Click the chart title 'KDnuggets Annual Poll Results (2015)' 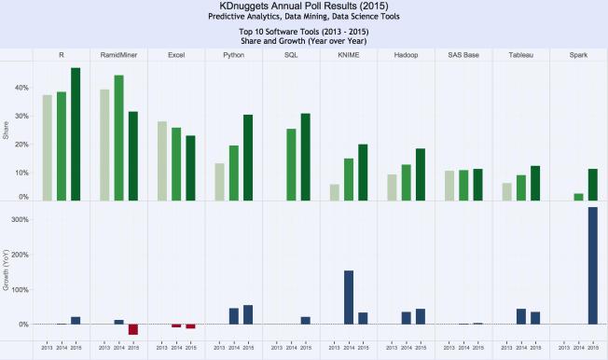(x=303, y=7)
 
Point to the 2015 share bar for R (x=76, y=133)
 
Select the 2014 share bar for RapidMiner (x=118, y=137)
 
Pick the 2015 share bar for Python (x=248, y=157)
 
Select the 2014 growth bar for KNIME (x=348, y=297)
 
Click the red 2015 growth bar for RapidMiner (x=133, y=328)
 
